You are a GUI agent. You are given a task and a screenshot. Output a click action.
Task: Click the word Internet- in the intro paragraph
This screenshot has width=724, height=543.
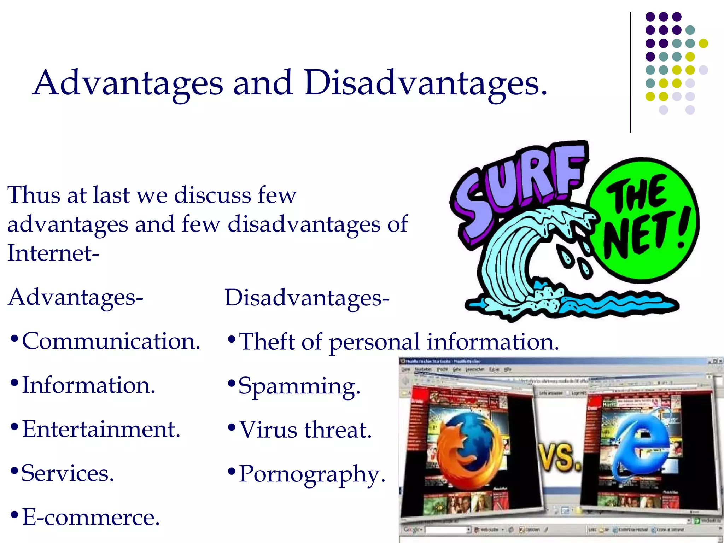pyautogui.click(x=53, y=253)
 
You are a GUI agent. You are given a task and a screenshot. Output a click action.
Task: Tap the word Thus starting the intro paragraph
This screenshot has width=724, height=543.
pyautogui.click(x=34, y=195)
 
